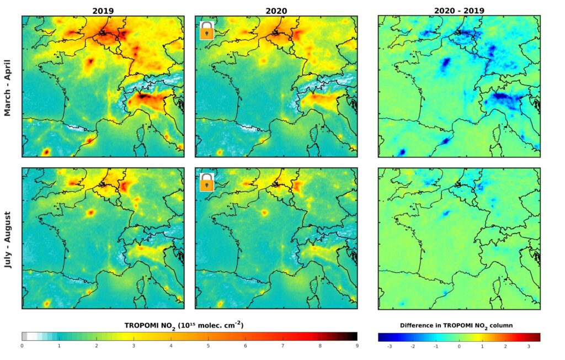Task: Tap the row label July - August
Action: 8,239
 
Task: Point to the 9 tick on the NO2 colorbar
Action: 356,346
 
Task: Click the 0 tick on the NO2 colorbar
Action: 22,346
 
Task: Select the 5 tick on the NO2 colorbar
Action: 208,346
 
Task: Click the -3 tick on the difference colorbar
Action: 390,347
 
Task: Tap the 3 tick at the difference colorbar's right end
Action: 528,347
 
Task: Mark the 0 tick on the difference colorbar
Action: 459,347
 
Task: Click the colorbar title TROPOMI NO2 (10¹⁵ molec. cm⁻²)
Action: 185,326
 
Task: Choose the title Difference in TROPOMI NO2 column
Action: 459,326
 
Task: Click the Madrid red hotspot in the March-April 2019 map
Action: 46,151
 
